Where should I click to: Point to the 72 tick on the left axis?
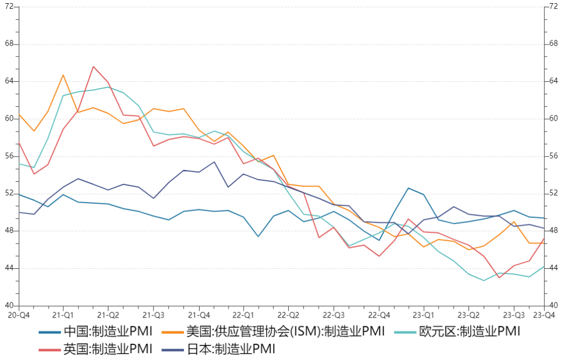click(x=9, y=6)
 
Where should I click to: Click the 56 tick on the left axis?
click(x=9, y=156)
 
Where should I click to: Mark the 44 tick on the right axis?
click(x=553, y=268)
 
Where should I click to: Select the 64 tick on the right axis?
click(x=553, y=81)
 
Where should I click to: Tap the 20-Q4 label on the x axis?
click(x=18, y=315)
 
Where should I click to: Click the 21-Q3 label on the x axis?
click(x=154, y=315)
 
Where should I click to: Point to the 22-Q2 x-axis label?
click(x=288, y=315)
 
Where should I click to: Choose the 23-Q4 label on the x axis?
click(x=544, y=315)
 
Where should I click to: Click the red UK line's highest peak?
click(x=93, y=67)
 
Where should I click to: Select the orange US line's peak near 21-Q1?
click(x=63, y=75)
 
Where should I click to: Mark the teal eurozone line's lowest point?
click(x=484, y=280)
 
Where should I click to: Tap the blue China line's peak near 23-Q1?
click(x=409, y=188)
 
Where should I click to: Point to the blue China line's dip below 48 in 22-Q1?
click(x=258, y=236)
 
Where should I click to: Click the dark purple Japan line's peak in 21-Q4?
click(x=214, y=162)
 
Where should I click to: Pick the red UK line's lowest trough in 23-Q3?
click(x=499, y=277)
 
